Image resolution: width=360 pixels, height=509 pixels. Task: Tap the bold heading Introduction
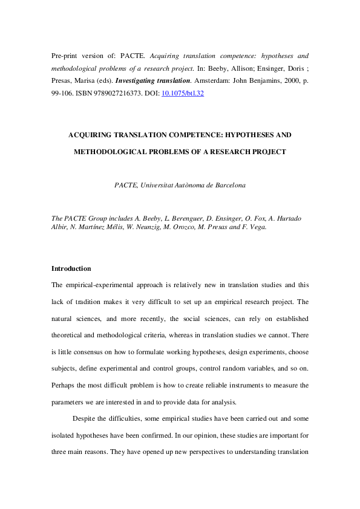pos(71,268)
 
